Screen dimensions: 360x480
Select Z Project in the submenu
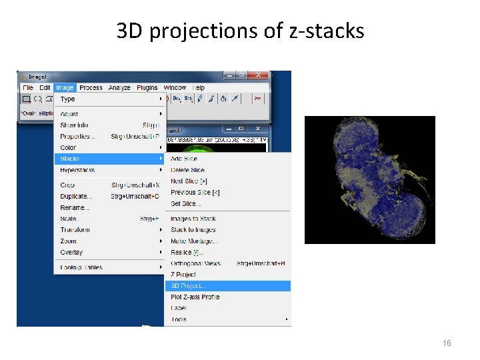[183, 274]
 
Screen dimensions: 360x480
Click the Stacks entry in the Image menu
[69, 159]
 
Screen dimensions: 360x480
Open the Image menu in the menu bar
[65, 87]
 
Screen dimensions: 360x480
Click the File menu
[28, 87]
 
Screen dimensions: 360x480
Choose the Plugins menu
[147, 87]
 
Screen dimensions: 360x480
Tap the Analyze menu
[119, 87]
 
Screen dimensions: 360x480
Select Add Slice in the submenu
[184, 159]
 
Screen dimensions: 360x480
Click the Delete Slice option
[187, 170]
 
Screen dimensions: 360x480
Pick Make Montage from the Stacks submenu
[193, 241]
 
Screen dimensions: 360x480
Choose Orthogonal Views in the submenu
[195, 263]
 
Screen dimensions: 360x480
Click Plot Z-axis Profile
[195, 297]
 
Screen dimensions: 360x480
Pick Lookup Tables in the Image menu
[81, 267]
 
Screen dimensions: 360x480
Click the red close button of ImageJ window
[259, 75]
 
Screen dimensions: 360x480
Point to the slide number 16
[447, 343]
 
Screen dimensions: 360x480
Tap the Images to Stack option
[193, 219]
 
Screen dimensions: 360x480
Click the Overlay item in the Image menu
[71, 252]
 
